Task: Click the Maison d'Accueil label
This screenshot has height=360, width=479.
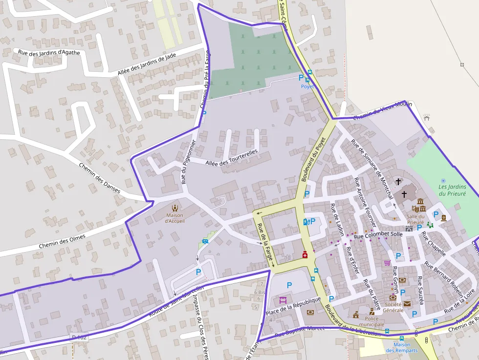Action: [174, 218]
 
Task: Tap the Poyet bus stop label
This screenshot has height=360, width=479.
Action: [307, 86]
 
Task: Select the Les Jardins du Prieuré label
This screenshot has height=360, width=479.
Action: [452, 190]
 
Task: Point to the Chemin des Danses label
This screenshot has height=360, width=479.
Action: [99, 178]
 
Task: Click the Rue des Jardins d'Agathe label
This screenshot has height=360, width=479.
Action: [48, 52]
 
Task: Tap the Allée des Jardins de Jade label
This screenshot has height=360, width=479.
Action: [147, 64]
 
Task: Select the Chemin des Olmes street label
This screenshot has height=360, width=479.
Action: [62, 241]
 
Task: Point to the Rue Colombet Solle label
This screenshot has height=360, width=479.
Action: [378, 235]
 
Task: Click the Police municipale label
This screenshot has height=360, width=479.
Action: [372, 321]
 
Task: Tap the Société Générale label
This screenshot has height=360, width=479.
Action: [393, 307]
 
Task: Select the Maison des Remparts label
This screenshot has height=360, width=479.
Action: [402, 347]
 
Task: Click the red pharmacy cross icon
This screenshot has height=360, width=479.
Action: [305, 254]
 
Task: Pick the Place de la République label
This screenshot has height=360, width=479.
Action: [293, 306]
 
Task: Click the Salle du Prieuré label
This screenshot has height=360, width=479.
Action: [415, 219]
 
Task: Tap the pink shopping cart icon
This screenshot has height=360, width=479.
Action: [387, 263]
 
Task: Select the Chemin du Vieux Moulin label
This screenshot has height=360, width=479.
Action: [382, 110]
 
